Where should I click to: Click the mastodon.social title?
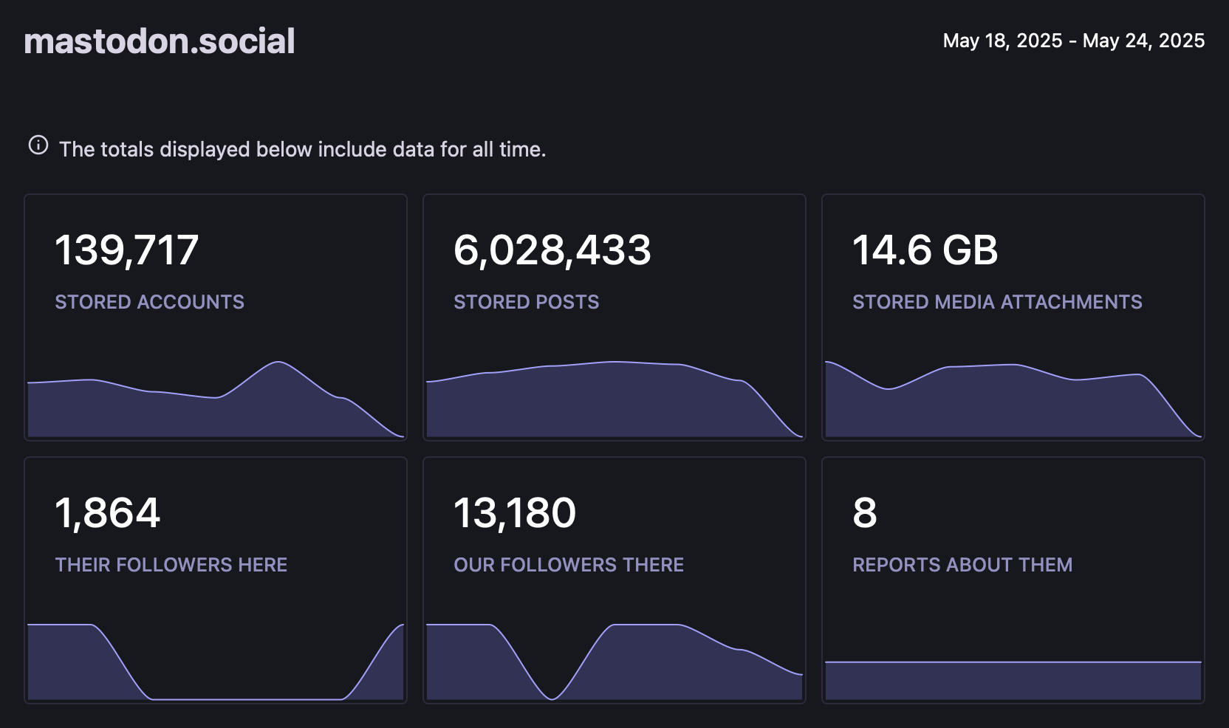pos(160,41)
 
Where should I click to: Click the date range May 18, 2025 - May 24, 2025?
pos(1073,41)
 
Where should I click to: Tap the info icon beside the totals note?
pos(38,145)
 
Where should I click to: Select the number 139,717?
pos(127,250)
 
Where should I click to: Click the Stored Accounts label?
pos(149,302)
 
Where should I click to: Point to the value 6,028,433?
pos(552,250)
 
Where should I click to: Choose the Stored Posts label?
pos(526,302)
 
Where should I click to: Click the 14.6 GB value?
pos(925,250)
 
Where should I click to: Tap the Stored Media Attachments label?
pos(997,302)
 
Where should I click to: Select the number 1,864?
pos(108,513)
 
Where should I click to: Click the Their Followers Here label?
pos(171,565)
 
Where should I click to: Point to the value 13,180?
pos(515,513)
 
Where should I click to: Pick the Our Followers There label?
pos(569,565)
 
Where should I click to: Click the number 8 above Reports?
pos(865,513)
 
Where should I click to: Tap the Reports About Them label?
pos(962,565)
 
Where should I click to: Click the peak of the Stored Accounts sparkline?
pos(278,362)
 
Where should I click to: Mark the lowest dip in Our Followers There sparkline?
pos(552,698)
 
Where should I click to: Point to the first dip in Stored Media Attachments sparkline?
pos(889,388)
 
